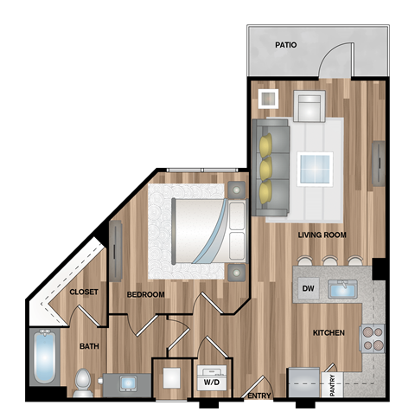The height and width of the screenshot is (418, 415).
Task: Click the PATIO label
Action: click(287, 44)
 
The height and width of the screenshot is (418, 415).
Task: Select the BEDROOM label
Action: click(145, 294)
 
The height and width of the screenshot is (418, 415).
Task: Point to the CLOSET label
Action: click(83, 293)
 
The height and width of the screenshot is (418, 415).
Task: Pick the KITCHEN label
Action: click(329, 332)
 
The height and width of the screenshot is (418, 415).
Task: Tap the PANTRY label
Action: click(334, 384)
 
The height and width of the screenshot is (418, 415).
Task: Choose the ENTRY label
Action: click(259, 396)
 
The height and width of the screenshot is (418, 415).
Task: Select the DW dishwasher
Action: click(307, 288)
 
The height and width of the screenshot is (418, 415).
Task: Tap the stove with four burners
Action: click(372, 338)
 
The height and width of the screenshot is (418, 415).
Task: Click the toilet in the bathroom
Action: click(82, 382)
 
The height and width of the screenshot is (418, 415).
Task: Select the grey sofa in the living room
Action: click(271, 167)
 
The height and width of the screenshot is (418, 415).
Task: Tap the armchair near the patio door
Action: click(309, 107)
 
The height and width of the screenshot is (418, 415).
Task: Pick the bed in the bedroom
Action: click(203, 231)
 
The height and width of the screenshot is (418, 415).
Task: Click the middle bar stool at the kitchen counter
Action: click(330, 261)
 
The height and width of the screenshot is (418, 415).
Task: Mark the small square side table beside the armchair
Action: click(268, 98)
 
